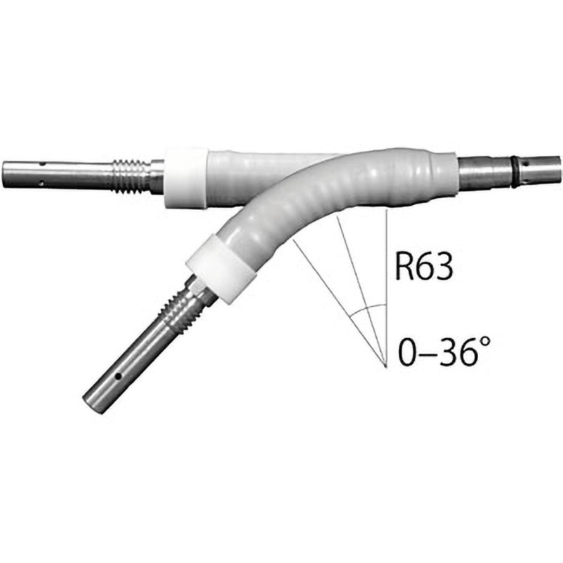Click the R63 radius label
424,266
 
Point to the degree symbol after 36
484,343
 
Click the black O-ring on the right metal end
514,172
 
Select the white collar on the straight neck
185,177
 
